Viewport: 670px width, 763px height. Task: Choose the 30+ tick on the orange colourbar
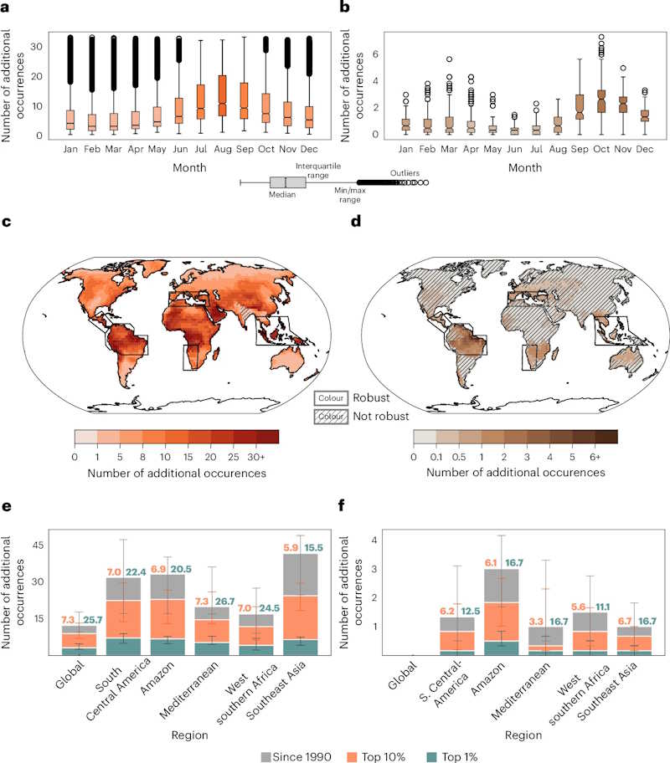coord(268,457)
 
